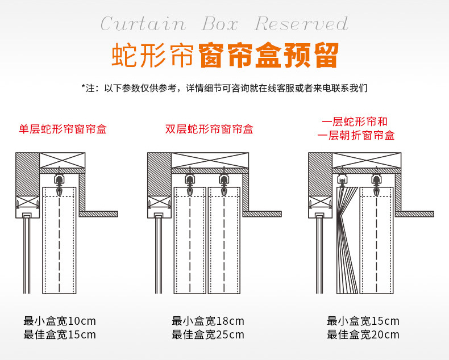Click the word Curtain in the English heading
(143, 24)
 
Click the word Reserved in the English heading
(301, 24)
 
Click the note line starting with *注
(224, 88)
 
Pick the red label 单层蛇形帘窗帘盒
(63, 129)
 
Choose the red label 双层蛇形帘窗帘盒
(209, 129)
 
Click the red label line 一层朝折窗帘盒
(356, 135)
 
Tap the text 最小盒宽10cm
(60, 320)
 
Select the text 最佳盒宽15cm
(60, 334)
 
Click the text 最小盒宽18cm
(208, 321)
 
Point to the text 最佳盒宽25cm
(208, 335)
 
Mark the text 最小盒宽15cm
(363, 321)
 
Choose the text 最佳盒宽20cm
(363, 335)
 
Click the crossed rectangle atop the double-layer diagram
(210, 160)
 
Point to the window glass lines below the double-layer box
(159, 256)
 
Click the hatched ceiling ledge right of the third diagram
(414, 214)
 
